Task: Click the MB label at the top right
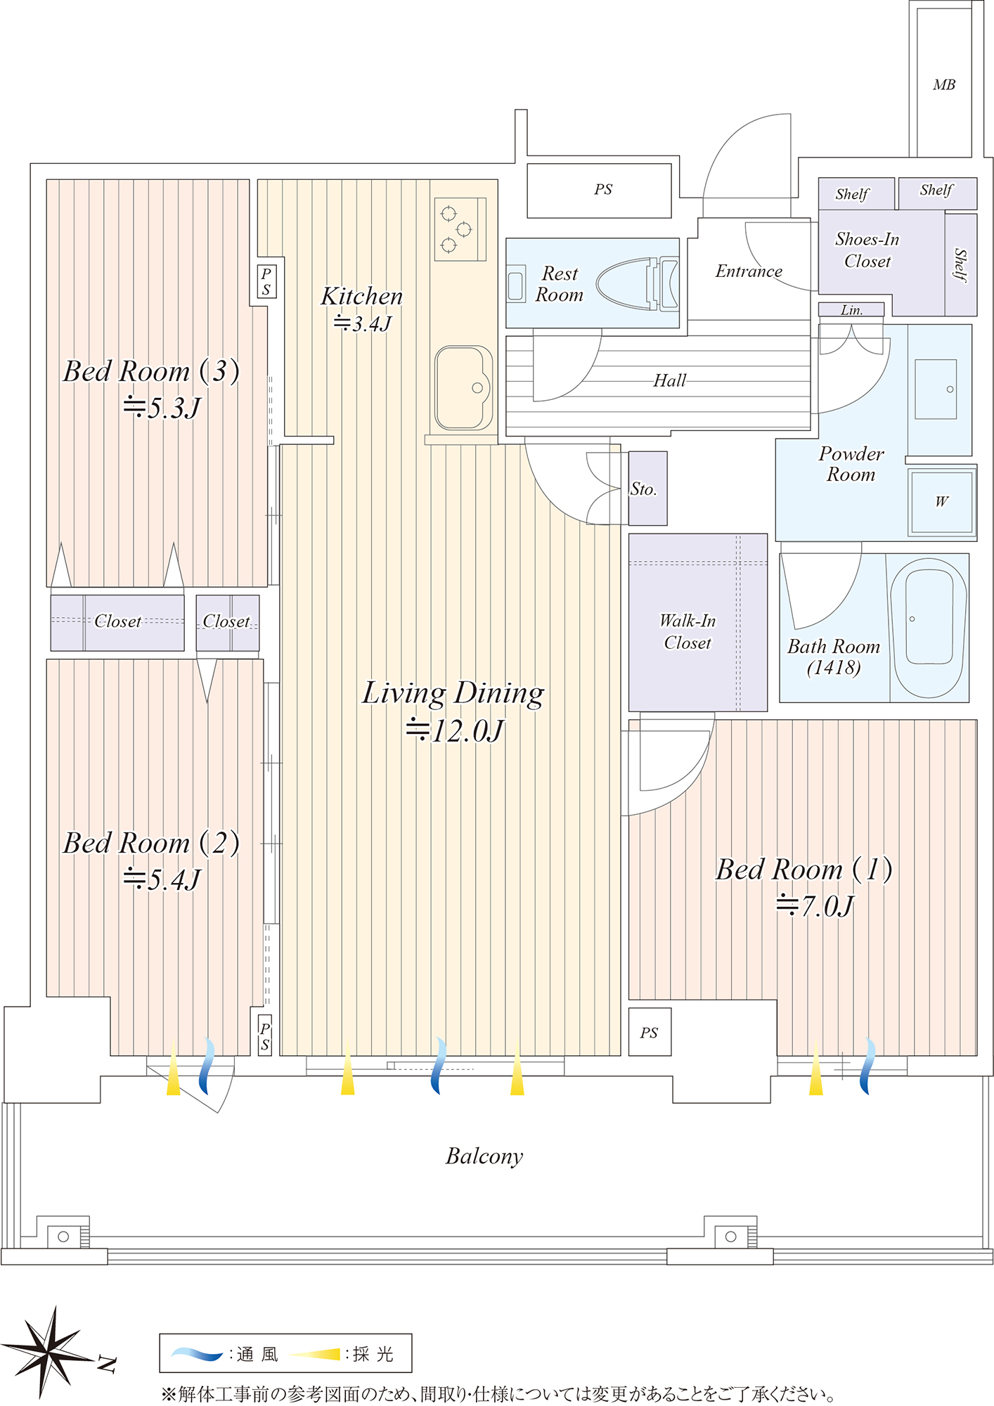[x=944, y=85]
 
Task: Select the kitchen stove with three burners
[x=460, y=229]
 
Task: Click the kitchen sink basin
[x=463, y=387]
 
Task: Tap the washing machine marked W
[x=941, y=501]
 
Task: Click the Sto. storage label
[x=643, y=489]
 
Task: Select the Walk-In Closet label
[x=688, y=631]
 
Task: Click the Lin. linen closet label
[x=851, y=310]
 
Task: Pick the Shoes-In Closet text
[x=867, y=250]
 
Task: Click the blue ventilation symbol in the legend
[x=198, y=1353]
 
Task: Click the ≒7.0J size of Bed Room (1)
[x=815, y=905]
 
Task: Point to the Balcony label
[x=484, y=1156]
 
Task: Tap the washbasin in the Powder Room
[x=936, y=389]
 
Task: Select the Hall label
[x=669, y=381]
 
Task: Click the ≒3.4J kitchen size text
[x=362, y=323]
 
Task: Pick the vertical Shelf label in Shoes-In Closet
[x=960, y=265]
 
